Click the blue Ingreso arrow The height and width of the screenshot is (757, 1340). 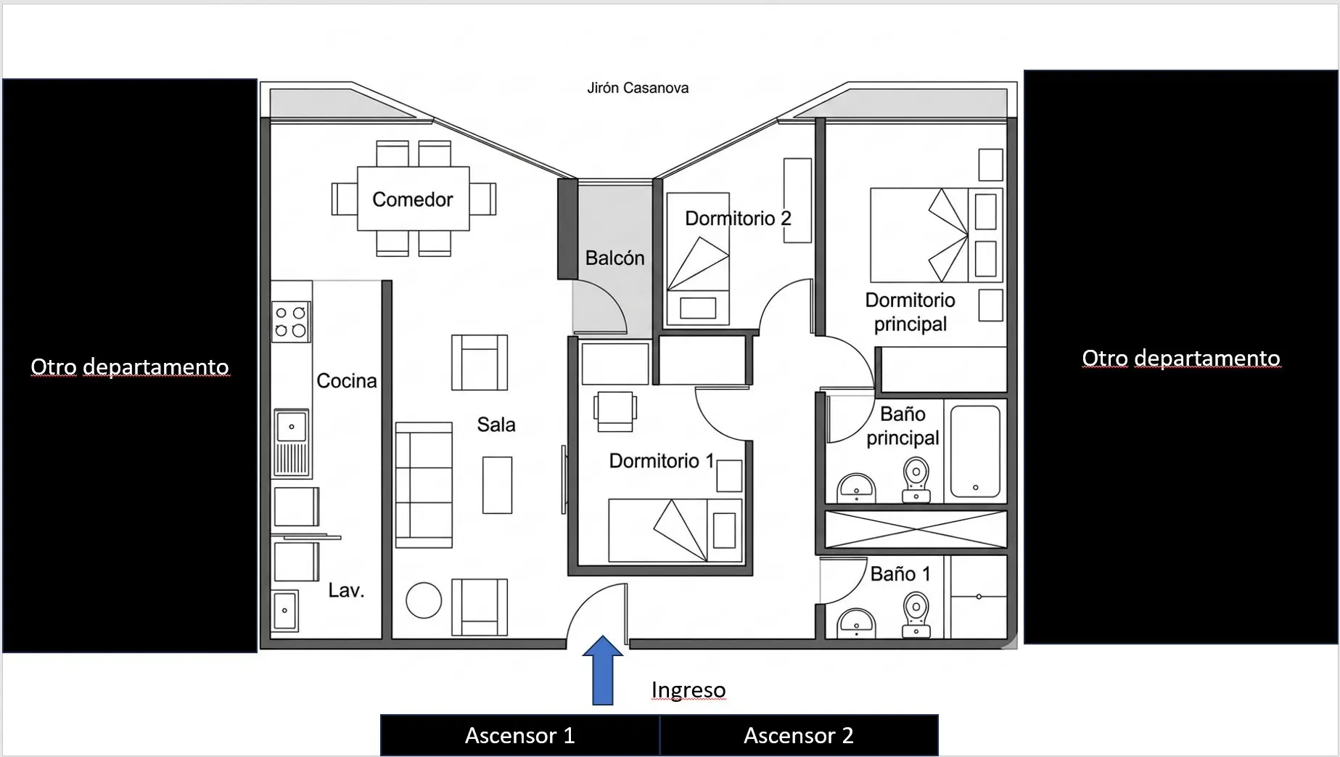tap(602, 671)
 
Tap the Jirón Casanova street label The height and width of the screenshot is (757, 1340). tap(638, 88)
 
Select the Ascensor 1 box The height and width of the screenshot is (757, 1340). tap(520, 735)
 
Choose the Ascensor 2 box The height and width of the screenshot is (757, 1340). tap(799, 735)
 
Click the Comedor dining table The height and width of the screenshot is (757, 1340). tap(413, 199)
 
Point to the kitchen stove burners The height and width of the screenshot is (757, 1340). tap(291, 322)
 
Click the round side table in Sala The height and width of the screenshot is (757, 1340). tap(424, 600)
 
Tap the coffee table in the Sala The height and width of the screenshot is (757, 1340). tap(497, 485)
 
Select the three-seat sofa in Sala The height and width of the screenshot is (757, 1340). tap(424, 485)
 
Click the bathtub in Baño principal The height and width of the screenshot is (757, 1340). tap(975, 451)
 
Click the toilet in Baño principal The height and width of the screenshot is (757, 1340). tap(916, 480)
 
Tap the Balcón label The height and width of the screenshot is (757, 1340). tap(614, 258)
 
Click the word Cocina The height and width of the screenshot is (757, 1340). tap(347, 380)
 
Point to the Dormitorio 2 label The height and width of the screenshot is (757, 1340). tap(738, 218)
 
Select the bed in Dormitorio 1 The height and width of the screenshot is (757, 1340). tap(675, 530)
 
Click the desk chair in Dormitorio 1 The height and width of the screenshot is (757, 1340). tap(615, 412)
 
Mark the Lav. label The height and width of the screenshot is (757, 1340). tap(346, 590)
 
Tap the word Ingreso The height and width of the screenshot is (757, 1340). tap(689, 690)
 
